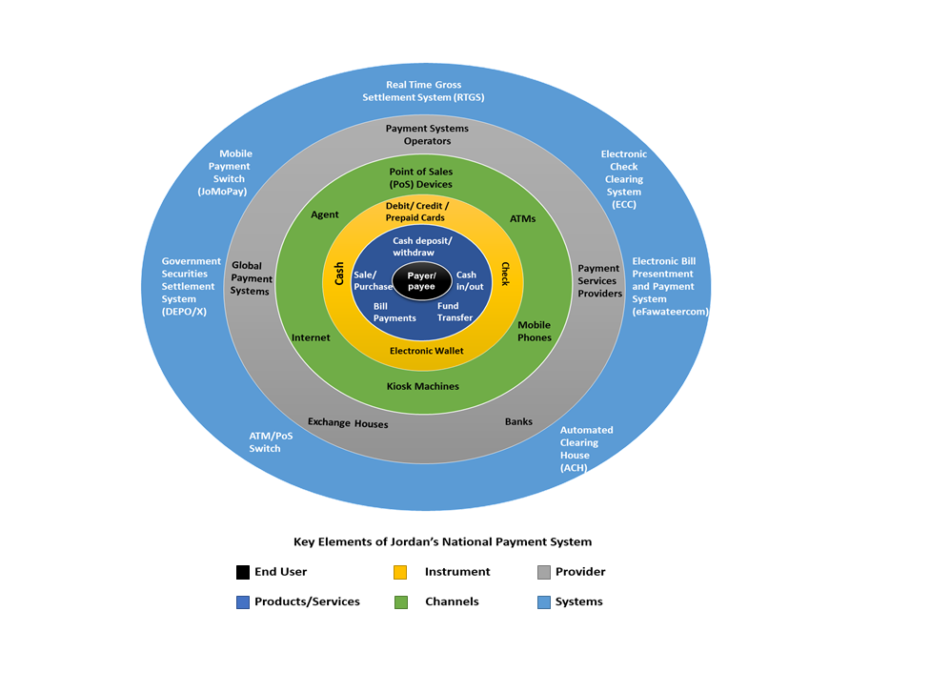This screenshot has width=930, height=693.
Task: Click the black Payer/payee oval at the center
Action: point(421,281)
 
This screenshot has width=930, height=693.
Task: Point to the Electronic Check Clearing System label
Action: point(624,178)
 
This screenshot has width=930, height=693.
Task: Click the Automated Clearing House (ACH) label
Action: point(586,448)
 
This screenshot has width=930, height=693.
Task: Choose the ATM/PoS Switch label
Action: point(265,441)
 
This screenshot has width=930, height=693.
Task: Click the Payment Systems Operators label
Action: point(427,134)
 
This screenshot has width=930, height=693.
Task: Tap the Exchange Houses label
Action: point(348,422)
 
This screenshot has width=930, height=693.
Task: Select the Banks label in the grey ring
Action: point(518,421)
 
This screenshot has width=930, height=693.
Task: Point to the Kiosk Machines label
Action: point(423,386)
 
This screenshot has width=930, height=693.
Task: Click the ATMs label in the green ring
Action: point(522,219)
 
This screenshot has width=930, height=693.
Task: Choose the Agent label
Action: point(325,214)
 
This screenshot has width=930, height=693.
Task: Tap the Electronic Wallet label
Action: point(426,351)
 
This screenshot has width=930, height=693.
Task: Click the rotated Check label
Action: point(505,275)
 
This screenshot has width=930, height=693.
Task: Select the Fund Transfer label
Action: point(455,312)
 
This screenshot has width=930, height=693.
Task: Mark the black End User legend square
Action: point(243,572)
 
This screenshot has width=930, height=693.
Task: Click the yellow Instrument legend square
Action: point(400,572)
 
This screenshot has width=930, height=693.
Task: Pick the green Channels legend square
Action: point(400,601)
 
